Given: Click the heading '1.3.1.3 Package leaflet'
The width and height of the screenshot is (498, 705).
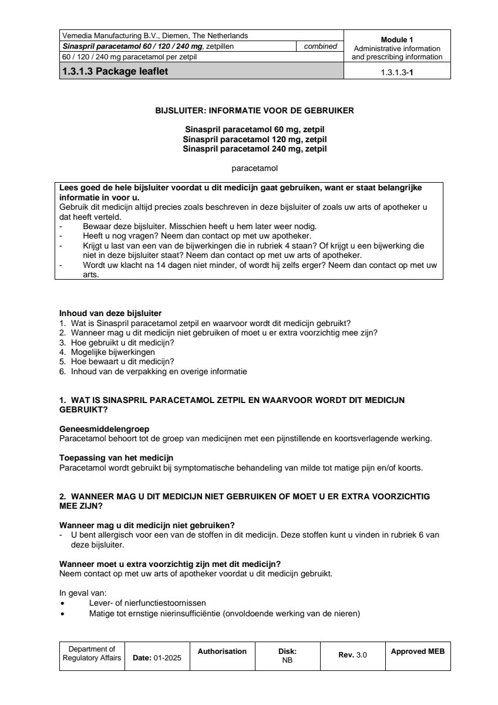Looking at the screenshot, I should [x=118, y=72].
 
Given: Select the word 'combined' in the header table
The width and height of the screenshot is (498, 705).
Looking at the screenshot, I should [x=320, y=46].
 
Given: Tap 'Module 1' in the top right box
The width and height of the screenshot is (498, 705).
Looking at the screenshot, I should [x=397, y=40].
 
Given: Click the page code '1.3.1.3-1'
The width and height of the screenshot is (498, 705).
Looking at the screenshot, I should [x=397, y=73].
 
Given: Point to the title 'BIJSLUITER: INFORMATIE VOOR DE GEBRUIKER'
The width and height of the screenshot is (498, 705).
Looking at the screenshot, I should [x=254, y=110].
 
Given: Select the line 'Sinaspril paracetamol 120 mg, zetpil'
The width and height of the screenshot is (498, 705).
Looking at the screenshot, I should [x=254, y=139].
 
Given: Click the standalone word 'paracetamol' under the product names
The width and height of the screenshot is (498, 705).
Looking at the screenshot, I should [x=254, y=168].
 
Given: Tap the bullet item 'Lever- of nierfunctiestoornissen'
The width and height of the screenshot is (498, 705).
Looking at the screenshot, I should [x=147, y=603].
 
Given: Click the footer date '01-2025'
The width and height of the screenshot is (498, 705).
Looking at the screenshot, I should [x=167, y=658].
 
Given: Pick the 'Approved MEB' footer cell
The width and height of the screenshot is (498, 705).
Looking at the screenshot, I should [x=418, y=651].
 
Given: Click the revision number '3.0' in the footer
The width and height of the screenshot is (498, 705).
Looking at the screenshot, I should [x=362, y=655].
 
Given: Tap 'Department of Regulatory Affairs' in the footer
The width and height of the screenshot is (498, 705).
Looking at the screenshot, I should [x=92, y=653].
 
